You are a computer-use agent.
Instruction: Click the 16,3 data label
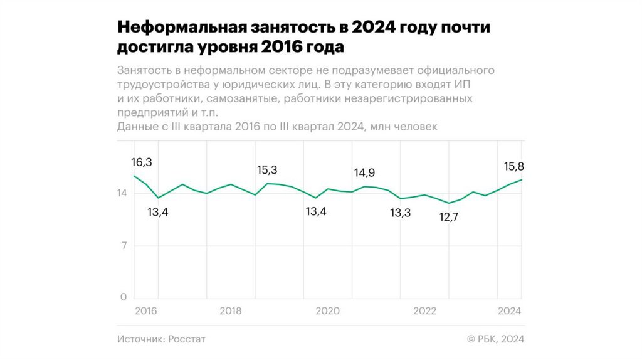point(142,162)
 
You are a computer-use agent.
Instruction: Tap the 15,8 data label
point(514,167)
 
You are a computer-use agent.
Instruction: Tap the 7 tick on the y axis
point(124,245)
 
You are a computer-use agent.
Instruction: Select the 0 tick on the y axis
point(124,297)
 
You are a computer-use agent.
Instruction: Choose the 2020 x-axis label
point(327,311)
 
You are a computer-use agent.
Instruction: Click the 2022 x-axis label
point(424,311)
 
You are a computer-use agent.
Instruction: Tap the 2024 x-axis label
point(510,311)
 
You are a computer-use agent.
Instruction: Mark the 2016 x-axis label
point(146,311)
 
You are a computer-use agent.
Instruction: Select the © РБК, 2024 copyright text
point(495,339)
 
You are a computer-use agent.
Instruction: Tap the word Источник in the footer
point(140,339)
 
